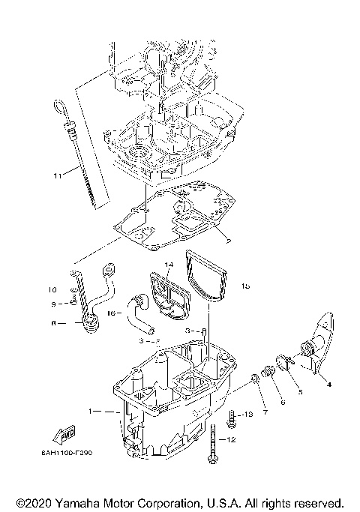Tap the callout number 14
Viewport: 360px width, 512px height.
[169, 265]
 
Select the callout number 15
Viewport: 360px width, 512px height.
[245, 286]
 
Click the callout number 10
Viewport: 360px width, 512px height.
[53, 289]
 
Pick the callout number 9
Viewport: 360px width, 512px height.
[53, 304]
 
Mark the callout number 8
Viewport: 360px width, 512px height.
[53, 324]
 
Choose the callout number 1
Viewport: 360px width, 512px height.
[91, 412]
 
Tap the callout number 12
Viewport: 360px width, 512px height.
[232, 440]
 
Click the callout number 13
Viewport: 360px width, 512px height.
[250, 414]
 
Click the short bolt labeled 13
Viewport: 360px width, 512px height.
[234, 414]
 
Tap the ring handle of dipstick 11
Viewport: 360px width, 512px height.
[61, 104]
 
